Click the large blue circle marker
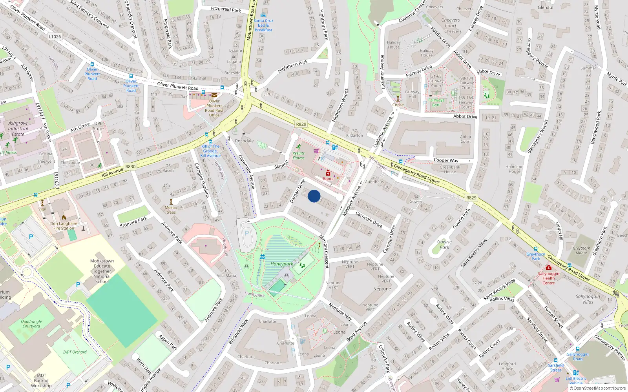314,196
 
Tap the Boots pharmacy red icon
328,173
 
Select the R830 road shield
130,167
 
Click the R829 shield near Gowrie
471,198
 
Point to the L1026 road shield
55,36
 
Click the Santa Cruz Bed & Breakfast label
263,25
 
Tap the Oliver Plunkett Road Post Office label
214,108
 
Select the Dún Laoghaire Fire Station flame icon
64,217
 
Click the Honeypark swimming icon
262,257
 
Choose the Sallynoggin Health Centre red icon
548,268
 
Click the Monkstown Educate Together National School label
102,271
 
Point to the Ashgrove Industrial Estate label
18,128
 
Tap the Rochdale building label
245,141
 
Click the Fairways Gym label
436,102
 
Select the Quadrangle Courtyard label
31,323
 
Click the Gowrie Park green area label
444,244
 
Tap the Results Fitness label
298,156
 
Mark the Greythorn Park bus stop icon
536,249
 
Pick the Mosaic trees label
171,210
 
